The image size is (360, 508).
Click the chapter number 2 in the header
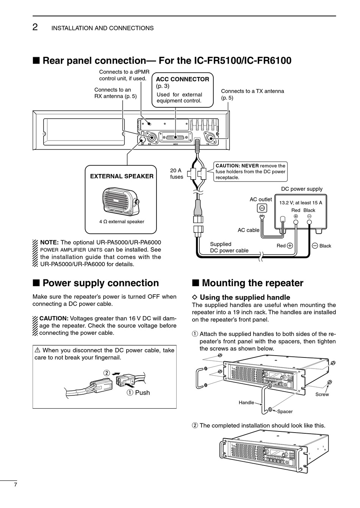pyautogui.click(x=35, y=27)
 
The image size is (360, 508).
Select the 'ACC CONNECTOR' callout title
pyautogui.click(x=182, y=79)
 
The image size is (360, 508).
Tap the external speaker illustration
pyautogui.click(x=121, y=200)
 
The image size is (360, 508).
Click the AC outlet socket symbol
pyautogui.click(x=262, y=208)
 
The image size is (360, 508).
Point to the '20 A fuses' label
pyautogui.click(x=176, y=174)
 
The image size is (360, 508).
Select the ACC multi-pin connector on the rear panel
pyautogui.click(x=175, y=137)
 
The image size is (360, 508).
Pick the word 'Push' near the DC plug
pyautogui.click(x=142, y=393)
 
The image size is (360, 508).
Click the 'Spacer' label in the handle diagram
pyautogui.click(x=285, y=411)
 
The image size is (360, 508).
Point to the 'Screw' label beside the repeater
pyautogui.click(x=322, y=395)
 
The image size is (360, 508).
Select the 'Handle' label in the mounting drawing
pyautogui.click(x=246, y=403)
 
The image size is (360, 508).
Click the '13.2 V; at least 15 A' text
pyautogui.click(x=301, y=203)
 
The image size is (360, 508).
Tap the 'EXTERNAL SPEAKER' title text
pyautogui.click(x=122, y=176)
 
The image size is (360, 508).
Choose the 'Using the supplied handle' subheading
pyautogui.click(x=245, y=298)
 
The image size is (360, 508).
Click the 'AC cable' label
pyautogui.click(x=249, y=230)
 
